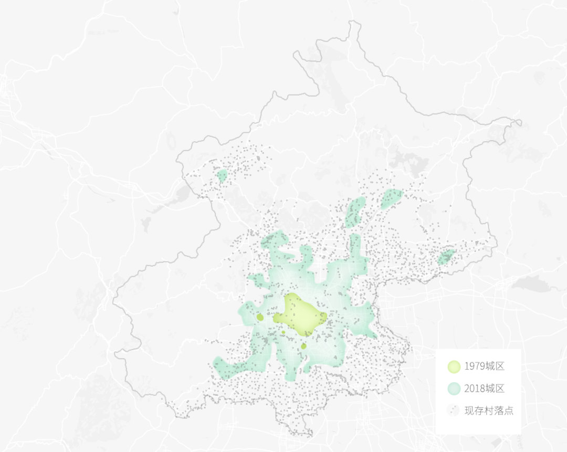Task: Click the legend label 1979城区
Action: tap(484, 366)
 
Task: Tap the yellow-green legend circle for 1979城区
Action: tap(454, 366)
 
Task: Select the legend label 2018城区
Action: tap(484, 388)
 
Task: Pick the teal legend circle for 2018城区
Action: tap(454, 388)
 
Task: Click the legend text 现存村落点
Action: tap(489, 411)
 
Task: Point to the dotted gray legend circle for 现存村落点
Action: tap(454, 411)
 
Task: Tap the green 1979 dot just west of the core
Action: tap(260, 317)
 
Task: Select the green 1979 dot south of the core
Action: tap(303, 346)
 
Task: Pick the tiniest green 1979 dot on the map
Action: tap(283, 332)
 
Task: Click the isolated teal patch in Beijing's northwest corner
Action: tap(222, 175)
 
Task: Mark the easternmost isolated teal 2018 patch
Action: tap(446, 257)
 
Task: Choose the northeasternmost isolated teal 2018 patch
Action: tap(392, 198)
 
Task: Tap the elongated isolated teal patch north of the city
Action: tap(355, 212)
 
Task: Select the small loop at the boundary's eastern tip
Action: tap(518, 123)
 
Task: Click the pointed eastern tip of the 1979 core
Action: tap(325, 317)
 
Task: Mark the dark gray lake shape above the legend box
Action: tap(531, 284)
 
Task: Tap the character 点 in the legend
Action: tap(508, 411)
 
